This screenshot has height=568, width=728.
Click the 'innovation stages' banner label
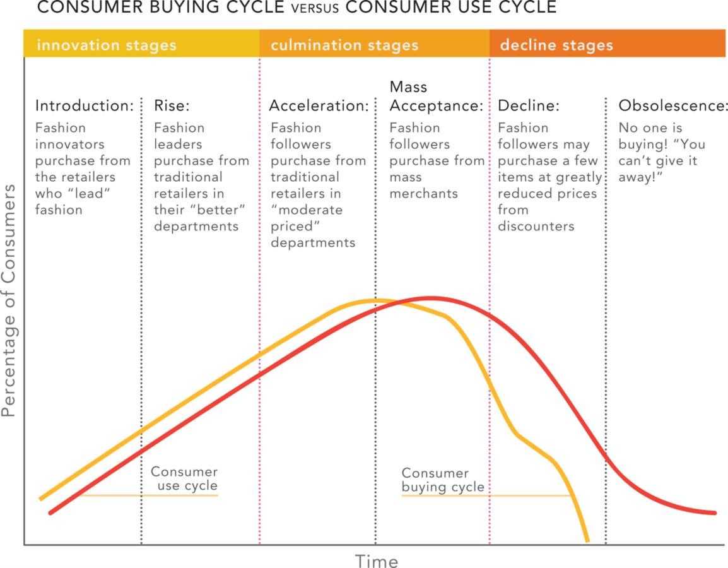click(x=106, y=45)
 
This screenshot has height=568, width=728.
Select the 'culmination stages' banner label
click(x=344, y=45)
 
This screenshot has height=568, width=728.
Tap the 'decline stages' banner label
click(x=556, y=45)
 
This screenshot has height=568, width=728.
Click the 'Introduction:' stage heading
click(x=85, y=105)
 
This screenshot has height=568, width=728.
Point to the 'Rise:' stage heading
click(x=172, y=105)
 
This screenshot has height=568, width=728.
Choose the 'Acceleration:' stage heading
click(x=319, y=105)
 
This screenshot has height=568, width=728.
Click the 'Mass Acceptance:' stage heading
click(x=436, y=96)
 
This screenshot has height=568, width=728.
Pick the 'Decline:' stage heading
click(x=529, y=105)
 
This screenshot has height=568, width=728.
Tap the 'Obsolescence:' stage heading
click(x=673, y=105)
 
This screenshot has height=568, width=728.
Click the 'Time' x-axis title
click(x=376, y=560)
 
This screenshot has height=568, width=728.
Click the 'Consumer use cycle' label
click(x=184, y=478)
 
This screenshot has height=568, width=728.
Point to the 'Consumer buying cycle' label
click(x=443, y=480)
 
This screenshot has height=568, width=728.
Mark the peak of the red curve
click(x=430, y=297)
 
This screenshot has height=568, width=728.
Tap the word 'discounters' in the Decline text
click(x=536, y=226)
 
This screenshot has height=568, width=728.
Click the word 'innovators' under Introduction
click(x=69, y=144)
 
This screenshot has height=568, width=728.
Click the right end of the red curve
click(x=715, y=512)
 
